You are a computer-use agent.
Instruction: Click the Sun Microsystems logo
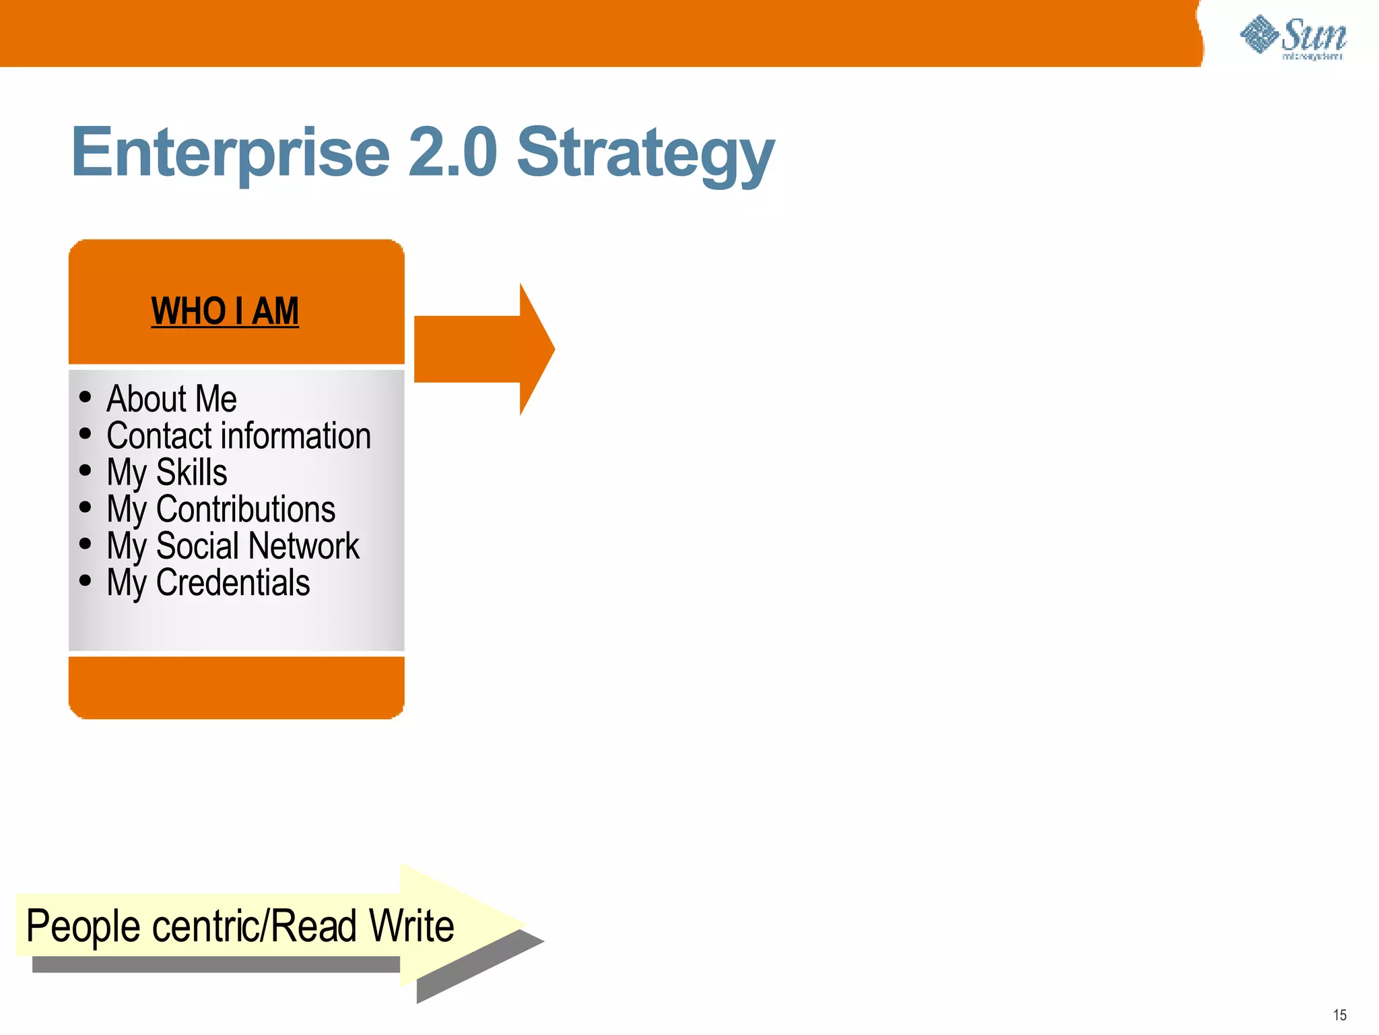pyautogui.click(x=1293, y=37)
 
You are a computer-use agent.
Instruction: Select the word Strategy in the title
pyautogui.click(x=645, y=155)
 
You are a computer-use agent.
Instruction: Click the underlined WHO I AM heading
pyautogui.click(x=225, y=311)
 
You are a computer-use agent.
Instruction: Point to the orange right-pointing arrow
pyautogui.click(x=483, y=349)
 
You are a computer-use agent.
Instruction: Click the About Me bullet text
pyautogui.click(x=172, y=399)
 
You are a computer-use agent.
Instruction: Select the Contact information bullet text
pyautogui.click(x=238, y=436)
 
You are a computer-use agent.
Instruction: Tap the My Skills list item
pyautogui.click(x=167, y=472)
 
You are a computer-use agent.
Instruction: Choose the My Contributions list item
pyautogui.click(x=221, y=509)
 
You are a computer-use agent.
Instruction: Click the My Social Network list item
pyautogui.click(x=233, y=546)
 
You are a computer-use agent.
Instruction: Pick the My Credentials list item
pyautogui.click(x=208, y=583)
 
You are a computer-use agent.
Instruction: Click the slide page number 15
pyautogui.click(x=1339, y=1015)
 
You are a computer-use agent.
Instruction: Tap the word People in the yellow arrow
pyautogui.click(x=83, y=927)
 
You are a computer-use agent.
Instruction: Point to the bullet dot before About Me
pyautogui.click(x=85, y=397)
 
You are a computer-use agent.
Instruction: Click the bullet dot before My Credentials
pyautogui.click(x=85, y=580)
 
